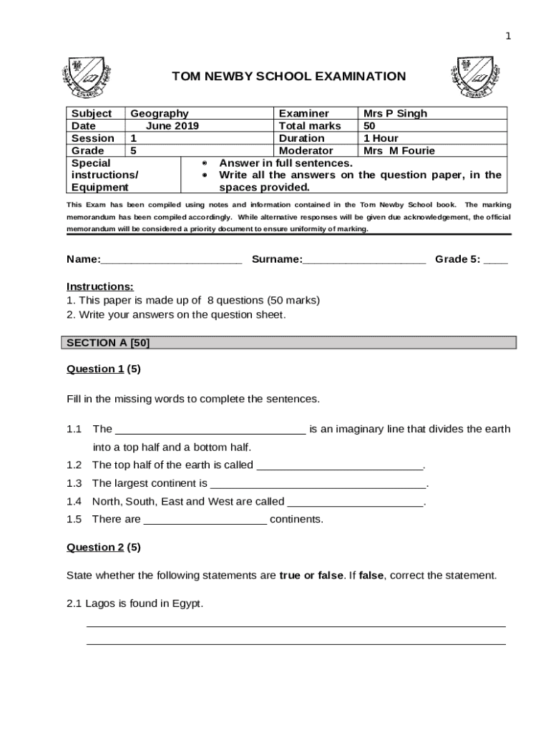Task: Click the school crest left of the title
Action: pos(85,77)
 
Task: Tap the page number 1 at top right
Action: pos(508,37)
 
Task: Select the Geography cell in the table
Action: pos(160,113)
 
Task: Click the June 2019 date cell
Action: pos(172,126)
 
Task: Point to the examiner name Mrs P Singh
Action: pos(395,113)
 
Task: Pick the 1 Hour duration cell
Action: pos(381,138)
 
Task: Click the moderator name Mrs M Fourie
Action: pos(399,150)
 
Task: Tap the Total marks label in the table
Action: pos(309,126)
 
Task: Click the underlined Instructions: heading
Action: pos(99,286)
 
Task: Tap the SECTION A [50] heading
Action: pos(108,343)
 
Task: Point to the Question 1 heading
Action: pos(95,369)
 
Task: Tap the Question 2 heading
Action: pos(95,548)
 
